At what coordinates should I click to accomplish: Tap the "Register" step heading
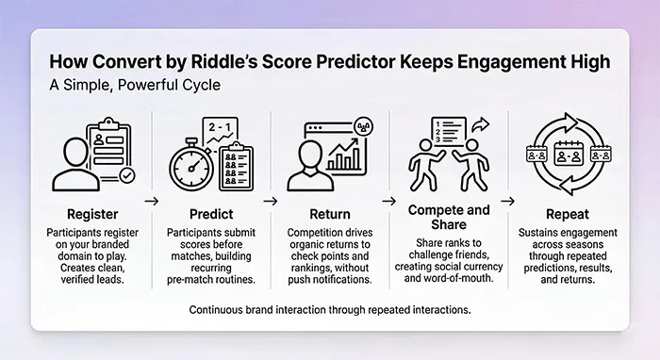(92, 213)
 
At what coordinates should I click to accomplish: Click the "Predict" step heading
(209, 213)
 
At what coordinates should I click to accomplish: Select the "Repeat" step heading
(566, 213)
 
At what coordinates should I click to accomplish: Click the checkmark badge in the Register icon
(125, 175)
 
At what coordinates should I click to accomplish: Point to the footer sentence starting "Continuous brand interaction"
(330, 309)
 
